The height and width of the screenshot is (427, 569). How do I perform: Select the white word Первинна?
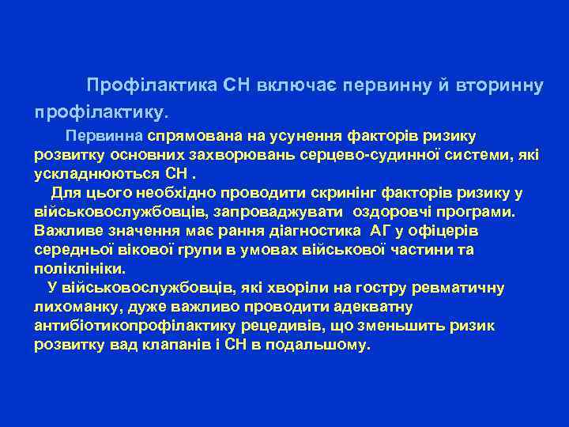pos(104,136)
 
